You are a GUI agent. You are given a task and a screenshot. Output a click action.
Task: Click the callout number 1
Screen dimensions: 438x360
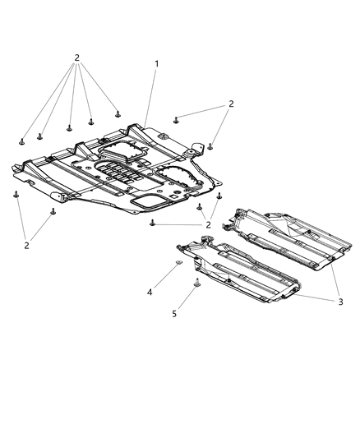tap(156, 64)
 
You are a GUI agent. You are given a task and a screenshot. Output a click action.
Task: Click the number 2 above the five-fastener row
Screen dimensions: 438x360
tap(76, 58)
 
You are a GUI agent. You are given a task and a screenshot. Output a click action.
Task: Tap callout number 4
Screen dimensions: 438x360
tap(150, 292)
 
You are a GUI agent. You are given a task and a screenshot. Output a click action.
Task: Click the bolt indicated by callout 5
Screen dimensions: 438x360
tap(197, 284)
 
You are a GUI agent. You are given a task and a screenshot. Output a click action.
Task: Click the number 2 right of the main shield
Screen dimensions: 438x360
tap(232, 104)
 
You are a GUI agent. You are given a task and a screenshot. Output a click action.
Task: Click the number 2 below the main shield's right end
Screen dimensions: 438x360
tap(209, 224)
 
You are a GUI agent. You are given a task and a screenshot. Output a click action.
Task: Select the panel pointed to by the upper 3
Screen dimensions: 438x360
tap(288, 238)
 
